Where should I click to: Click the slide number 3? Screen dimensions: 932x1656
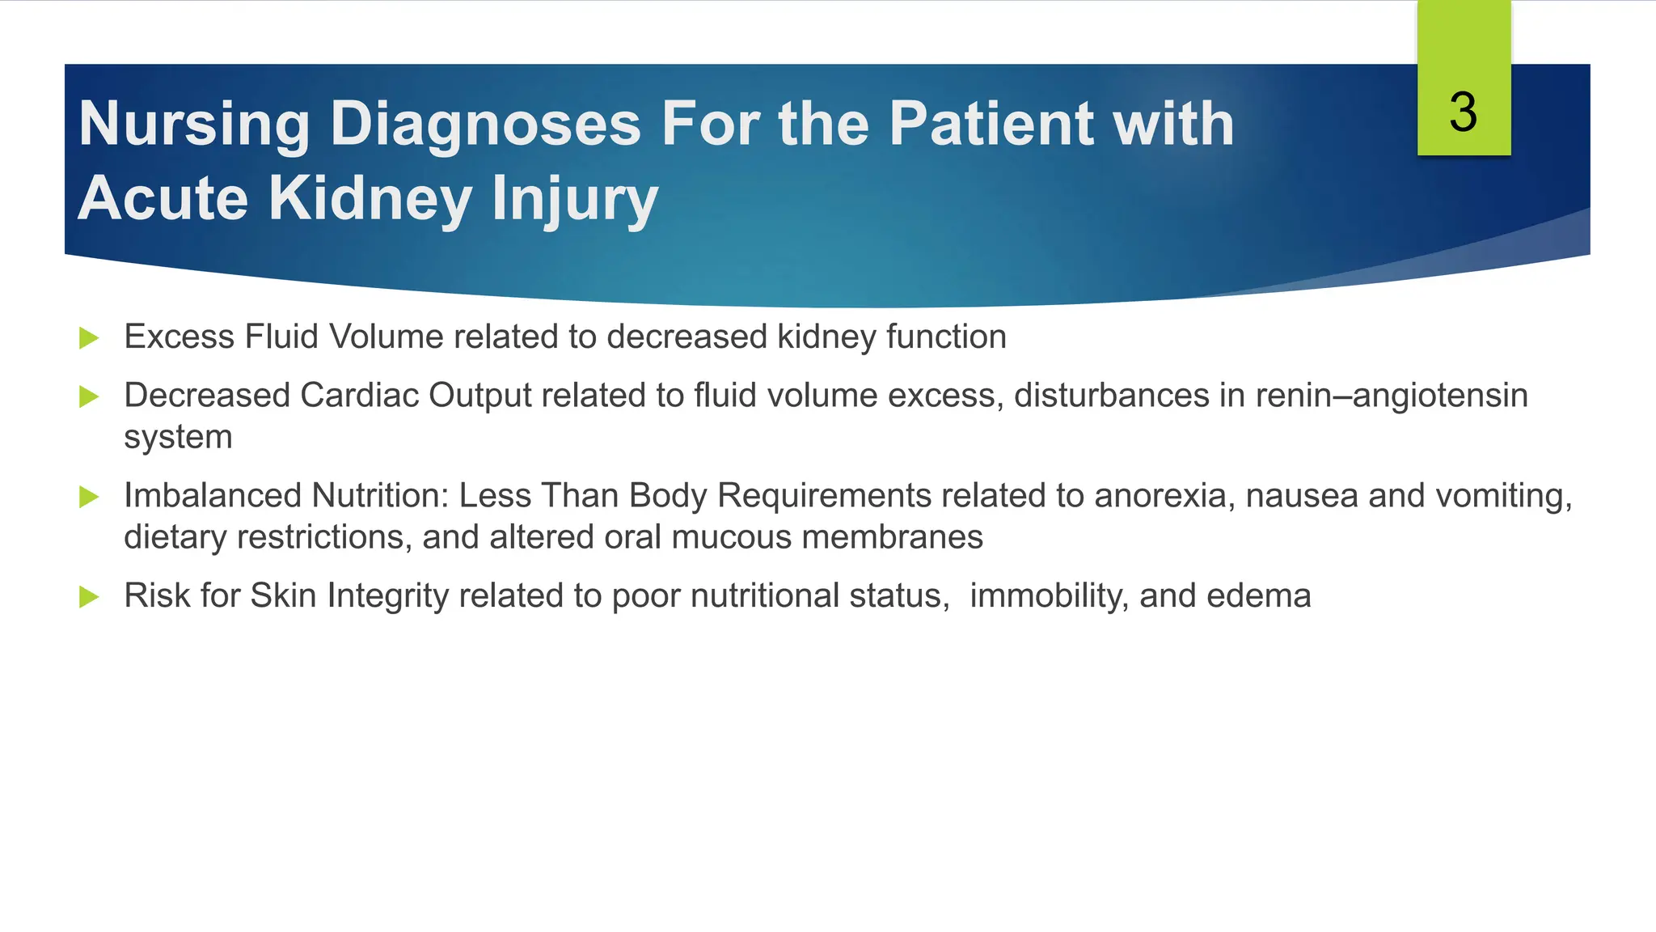(1463, 112)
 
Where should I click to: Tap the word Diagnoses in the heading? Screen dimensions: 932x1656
(485, 124)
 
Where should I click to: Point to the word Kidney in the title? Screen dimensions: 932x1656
(370, 198)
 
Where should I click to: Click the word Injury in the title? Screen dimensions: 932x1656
(575, 198)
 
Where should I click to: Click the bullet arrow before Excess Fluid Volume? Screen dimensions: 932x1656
(89, 338)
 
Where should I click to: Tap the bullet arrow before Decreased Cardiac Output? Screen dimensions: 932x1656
(89, 396)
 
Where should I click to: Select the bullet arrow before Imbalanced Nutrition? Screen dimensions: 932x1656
(89, 497)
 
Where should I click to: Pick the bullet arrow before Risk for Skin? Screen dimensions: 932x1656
(89, 597)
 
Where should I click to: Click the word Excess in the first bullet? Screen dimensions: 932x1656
(179, 337)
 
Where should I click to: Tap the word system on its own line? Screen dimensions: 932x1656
(178, 438)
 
